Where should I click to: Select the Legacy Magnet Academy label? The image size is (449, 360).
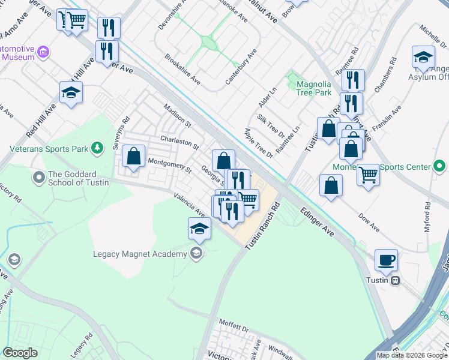[x=140, y=254]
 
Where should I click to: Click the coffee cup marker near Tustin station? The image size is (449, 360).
[x=387, y=260]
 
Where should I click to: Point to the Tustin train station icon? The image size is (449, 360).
[x=395, y=280]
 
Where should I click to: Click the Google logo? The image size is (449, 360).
[x=20, y=353]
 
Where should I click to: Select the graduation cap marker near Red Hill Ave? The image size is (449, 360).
[x=71, y=93]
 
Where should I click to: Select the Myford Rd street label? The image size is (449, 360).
[x=428, y=219]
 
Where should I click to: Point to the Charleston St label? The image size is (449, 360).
[x=179, y=142]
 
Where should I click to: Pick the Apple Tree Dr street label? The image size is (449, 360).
[x=258, y=143]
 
